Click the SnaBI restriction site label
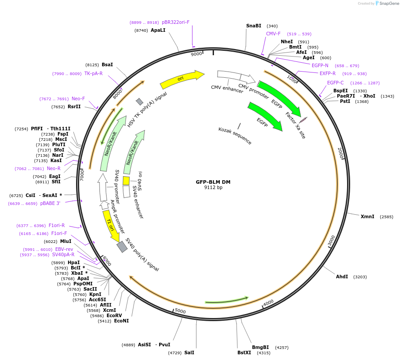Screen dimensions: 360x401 tap(254, 26)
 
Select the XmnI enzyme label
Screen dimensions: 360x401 tap(367, 216)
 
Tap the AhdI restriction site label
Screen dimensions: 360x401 tap(342, 277)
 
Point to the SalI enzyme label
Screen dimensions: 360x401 tap(189, 352)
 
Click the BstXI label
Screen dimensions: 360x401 tap(244, 352)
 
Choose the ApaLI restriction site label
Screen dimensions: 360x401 tap(158, 30)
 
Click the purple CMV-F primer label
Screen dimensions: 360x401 tap(273, 34)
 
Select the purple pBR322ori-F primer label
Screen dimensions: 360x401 tap(176, 22)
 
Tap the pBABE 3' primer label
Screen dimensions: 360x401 tap(50, 204)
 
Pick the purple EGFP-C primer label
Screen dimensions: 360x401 tap(335, 83)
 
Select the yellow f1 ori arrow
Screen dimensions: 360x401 tap(111, 226)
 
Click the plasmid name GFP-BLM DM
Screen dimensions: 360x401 tap(213, 182)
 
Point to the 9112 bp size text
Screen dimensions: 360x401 tap(213, 187)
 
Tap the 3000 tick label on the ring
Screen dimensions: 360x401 tap(331, 241)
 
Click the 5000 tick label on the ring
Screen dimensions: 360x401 tap(180, 311)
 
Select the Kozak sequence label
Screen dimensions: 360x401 tap(235, 136)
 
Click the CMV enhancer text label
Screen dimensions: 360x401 tap(227, 89)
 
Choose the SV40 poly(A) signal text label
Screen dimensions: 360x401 tap(142, 254)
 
